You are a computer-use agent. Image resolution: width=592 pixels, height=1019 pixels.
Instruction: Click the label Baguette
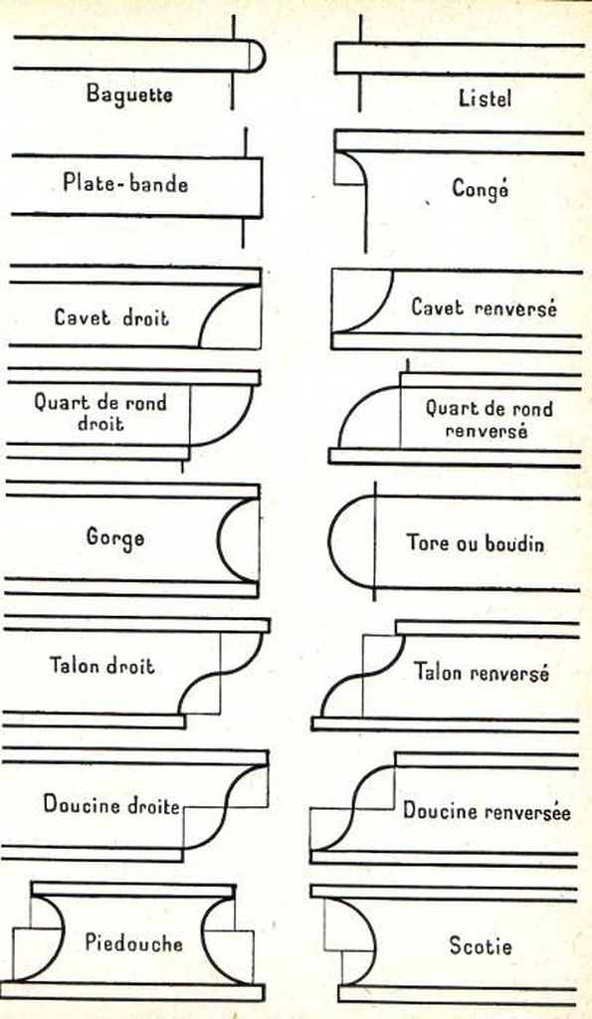129,94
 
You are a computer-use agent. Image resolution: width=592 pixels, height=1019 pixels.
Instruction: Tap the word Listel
485,99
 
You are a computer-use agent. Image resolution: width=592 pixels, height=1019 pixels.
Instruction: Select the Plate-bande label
125,183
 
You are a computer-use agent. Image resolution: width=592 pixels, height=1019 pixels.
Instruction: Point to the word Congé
481,189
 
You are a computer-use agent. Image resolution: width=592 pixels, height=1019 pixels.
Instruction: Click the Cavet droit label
111,317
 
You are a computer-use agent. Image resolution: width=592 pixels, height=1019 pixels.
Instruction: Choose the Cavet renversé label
485,306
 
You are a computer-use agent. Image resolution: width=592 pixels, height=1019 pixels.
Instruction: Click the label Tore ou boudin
475,542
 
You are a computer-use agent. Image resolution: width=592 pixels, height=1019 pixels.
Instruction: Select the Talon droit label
102,666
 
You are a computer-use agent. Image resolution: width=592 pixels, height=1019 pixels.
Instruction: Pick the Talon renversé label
482,672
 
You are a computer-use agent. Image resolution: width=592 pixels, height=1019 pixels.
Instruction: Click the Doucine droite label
111,804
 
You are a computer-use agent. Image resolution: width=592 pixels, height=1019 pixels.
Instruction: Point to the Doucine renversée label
487,810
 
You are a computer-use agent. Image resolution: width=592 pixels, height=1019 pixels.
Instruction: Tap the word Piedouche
134,942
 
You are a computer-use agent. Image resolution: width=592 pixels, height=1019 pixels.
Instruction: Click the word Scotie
481,945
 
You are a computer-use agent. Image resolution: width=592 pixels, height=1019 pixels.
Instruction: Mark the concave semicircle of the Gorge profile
218,539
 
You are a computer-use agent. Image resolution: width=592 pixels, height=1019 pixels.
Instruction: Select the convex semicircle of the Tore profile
329,542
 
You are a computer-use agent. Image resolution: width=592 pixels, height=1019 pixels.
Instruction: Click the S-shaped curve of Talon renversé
361,676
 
